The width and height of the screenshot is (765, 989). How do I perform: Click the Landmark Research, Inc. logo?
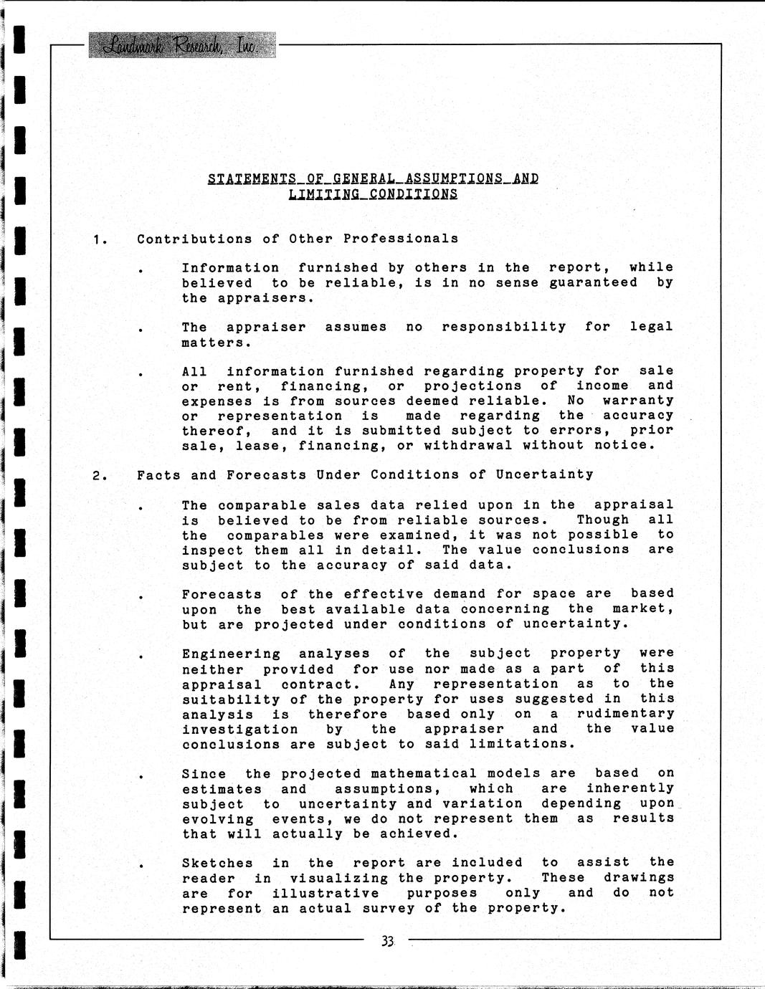[x=182, y=46]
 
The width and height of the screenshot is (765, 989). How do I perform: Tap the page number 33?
[x=388, y=942]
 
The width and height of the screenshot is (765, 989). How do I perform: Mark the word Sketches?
[x=217, y=863]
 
